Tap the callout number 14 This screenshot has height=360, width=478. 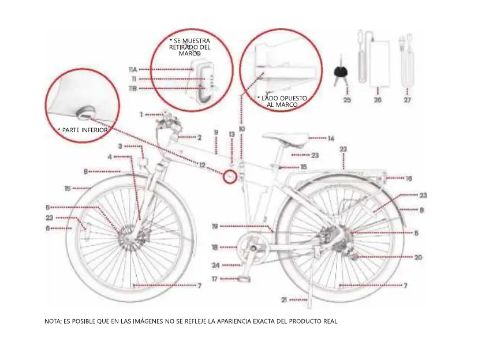click(331, 138)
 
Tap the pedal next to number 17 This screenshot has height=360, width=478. click(244, 279)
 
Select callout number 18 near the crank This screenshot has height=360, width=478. click(214, 247)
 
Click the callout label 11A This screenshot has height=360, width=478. click(133, 69)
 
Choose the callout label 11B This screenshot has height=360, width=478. click(133, 89)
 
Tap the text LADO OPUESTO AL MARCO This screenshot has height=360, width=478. click(282, 102)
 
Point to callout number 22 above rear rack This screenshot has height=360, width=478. click(343, 149)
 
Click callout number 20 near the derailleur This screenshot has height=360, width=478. click(418, 257)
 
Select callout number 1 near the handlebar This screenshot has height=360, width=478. click(141, 114)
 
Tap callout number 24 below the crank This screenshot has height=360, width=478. click(215, 265)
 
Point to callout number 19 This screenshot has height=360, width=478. click(214, 226)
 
